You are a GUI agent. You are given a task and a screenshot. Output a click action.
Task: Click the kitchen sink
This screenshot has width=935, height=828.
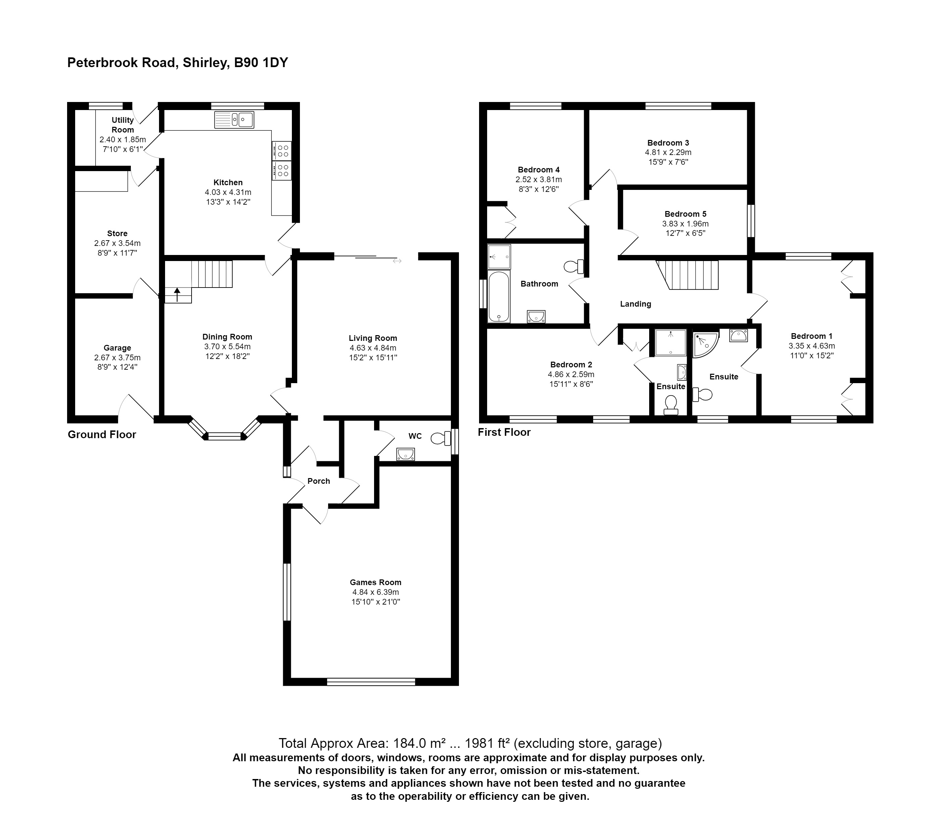[x=234, y=120]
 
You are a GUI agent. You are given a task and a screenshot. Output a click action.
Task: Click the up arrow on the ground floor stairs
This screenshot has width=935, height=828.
[x=177, y=295]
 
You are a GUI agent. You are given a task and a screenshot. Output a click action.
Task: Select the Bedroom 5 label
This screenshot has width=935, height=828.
[x=685, y=214]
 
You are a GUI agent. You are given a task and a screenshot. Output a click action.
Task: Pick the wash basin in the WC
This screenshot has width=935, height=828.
[x=405, y=454]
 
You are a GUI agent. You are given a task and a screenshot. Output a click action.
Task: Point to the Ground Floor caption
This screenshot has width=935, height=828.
[x=102, y=434]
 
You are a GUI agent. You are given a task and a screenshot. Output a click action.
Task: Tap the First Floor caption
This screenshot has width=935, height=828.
[x=504, y=432]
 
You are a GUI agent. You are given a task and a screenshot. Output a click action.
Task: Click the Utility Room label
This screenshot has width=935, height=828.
[x=122, y=125]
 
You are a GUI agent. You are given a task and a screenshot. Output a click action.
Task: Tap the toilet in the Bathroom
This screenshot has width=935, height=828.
[x=574, y=266]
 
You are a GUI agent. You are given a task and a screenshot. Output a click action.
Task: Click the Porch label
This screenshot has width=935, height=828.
[x=319, y=481]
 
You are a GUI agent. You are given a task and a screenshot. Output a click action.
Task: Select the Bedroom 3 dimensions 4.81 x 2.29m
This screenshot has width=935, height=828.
[x=668, y=153]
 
